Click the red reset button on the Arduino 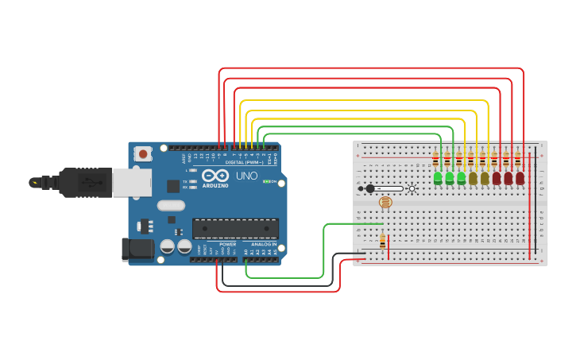[142, 153]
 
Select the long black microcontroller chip [235, 228]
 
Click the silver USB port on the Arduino [131, 182]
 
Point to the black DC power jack [137, 249]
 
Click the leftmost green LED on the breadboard [438, 178]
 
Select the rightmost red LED [520, 178]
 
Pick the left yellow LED [473, 178]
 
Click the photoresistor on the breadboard [385, 203]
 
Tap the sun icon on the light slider [412, 188]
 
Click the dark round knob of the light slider [370, 188]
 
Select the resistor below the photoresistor [383, 240]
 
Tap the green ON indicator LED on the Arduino [273, 182]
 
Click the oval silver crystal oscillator [170, 205]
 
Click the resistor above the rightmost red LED [518, 159]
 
